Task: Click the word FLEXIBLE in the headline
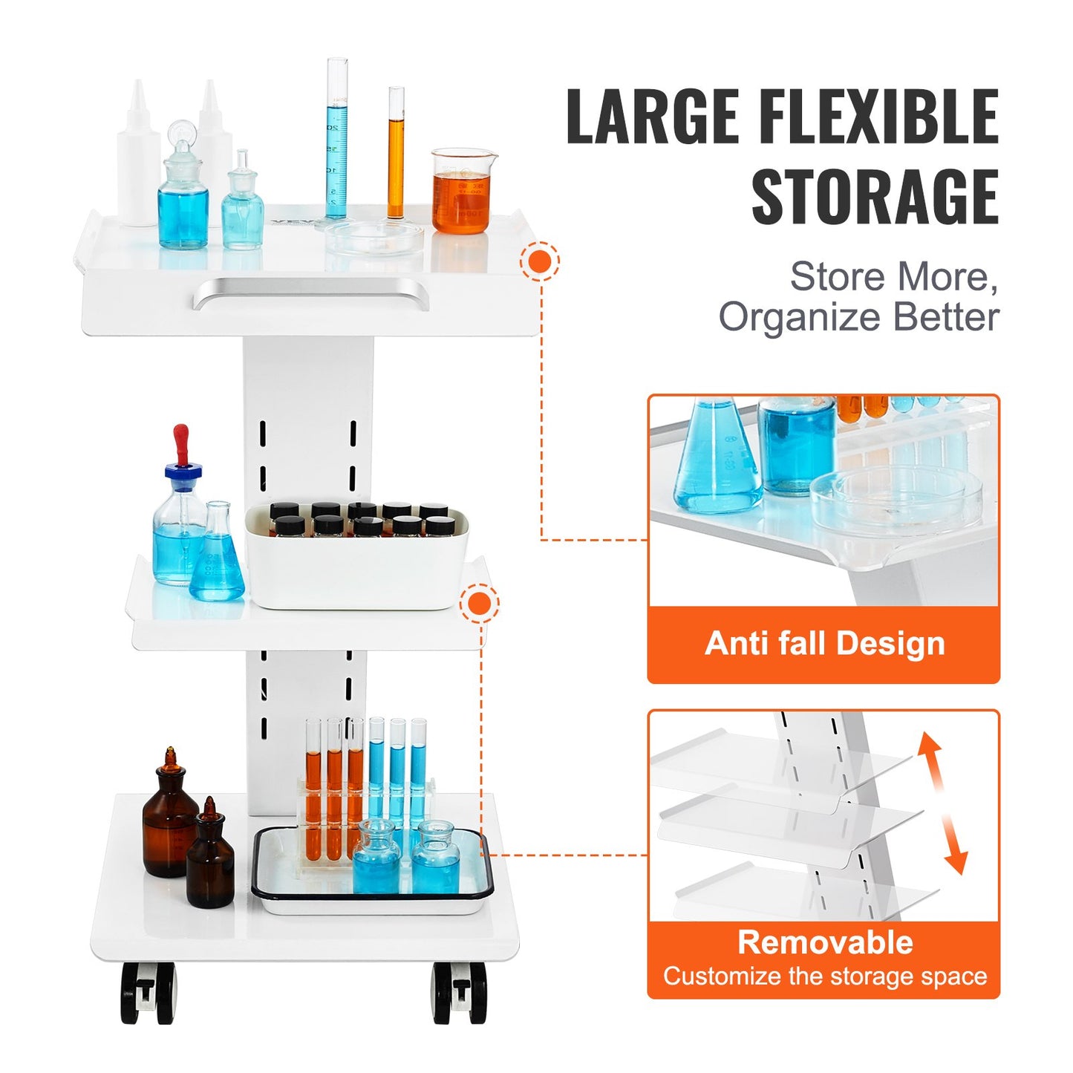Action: pos(878,117)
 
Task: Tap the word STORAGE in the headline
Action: pos(874,197)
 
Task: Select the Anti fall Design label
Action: pos(824,643)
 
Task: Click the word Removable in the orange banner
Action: pos(824,942)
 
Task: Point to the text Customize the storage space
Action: pos(824,976)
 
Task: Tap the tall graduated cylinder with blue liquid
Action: pos(336,141)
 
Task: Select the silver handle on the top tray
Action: pos(310,293)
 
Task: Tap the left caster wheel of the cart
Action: pos(148,993)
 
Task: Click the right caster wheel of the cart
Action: pos(460,993)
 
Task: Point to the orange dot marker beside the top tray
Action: pos(540,261)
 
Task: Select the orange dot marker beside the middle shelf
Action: pos(480,604)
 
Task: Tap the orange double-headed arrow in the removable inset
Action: pos(942,803)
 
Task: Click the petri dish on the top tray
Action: pos(374,238)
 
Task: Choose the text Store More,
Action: pos(893,277)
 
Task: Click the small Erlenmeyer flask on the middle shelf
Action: pos(217,557)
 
